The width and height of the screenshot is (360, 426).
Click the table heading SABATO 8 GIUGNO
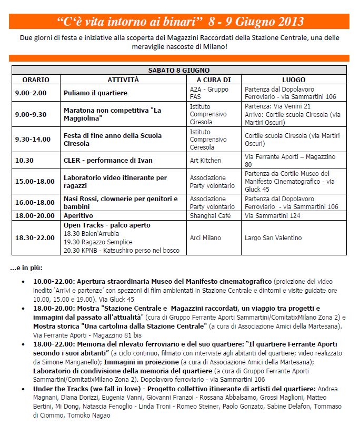click(x=179, y=70)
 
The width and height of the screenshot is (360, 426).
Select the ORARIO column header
click(x=36, y=80)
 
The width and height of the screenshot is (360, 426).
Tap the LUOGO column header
click(x=293, y=80)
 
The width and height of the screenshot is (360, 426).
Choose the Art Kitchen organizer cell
click(x=206, y=160)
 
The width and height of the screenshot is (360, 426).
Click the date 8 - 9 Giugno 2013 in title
click(x=256, y=22)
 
